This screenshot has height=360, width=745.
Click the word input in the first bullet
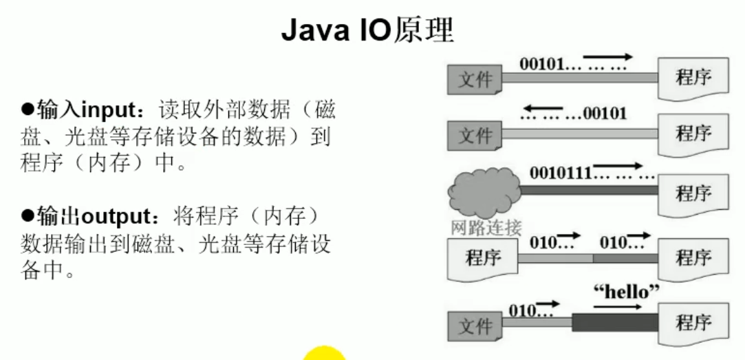pos(104,109)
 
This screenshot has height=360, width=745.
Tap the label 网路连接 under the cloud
pos(486,228)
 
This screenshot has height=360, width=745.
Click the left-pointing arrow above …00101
pos(541,108)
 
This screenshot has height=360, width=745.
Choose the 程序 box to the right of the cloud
pos(692,193)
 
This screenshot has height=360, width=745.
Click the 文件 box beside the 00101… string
pos(475,80)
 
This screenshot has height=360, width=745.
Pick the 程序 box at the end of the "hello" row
pos(692,322)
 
